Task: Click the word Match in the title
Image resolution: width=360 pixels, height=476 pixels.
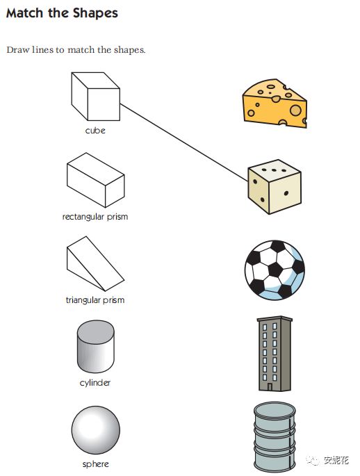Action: (24, 13)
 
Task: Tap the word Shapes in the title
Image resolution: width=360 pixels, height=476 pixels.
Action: (95, 14)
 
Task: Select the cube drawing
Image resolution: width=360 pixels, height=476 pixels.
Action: (96, 96)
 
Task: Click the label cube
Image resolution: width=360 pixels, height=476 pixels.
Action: (95, 131)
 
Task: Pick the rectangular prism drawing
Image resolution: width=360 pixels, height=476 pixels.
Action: (96, 180)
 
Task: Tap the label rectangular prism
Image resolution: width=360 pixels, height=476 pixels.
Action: (95, 217)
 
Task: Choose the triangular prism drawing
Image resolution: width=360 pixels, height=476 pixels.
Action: (95, 264)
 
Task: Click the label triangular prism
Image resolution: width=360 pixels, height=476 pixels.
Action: (95, 300)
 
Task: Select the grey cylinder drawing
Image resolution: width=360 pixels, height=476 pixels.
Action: (96, 346)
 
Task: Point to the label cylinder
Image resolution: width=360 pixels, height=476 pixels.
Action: (95, 382)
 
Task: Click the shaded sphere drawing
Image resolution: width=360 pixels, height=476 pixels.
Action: (96, 430)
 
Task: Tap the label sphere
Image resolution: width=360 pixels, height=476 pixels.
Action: (96, 464)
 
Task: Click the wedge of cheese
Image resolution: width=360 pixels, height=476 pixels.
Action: (275, 104)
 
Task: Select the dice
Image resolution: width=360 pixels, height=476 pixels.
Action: (275, 187)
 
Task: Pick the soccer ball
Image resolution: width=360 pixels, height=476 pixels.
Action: (275, 270)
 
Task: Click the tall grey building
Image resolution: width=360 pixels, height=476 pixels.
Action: (275, 354)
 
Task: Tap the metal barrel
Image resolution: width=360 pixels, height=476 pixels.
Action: (275, 437)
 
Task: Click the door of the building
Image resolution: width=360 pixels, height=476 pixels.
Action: (270, 387)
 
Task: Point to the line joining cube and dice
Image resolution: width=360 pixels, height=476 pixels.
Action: (184, 142)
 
